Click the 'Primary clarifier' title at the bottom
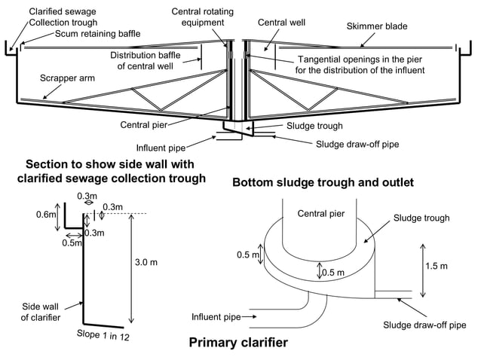pyautogui.click(x=237, y=343)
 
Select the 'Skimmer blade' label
pyautogui.click(x=376, y=26)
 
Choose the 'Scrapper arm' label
pyautogui.click(x=63, y=78)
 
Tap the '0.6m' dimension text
pyautogui.click(x=47, y=214)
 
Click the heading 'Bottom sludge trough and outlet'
pyautogui.click(x=323, y=182)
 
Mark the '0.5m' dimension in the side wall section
pyautogui.click(x=72, y=243)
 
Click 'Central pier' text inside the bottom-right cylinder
pyautogui.click(x=320, y=214)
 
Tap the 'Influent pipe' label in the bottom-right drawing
pyautogui.click(x=216, y=317)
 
